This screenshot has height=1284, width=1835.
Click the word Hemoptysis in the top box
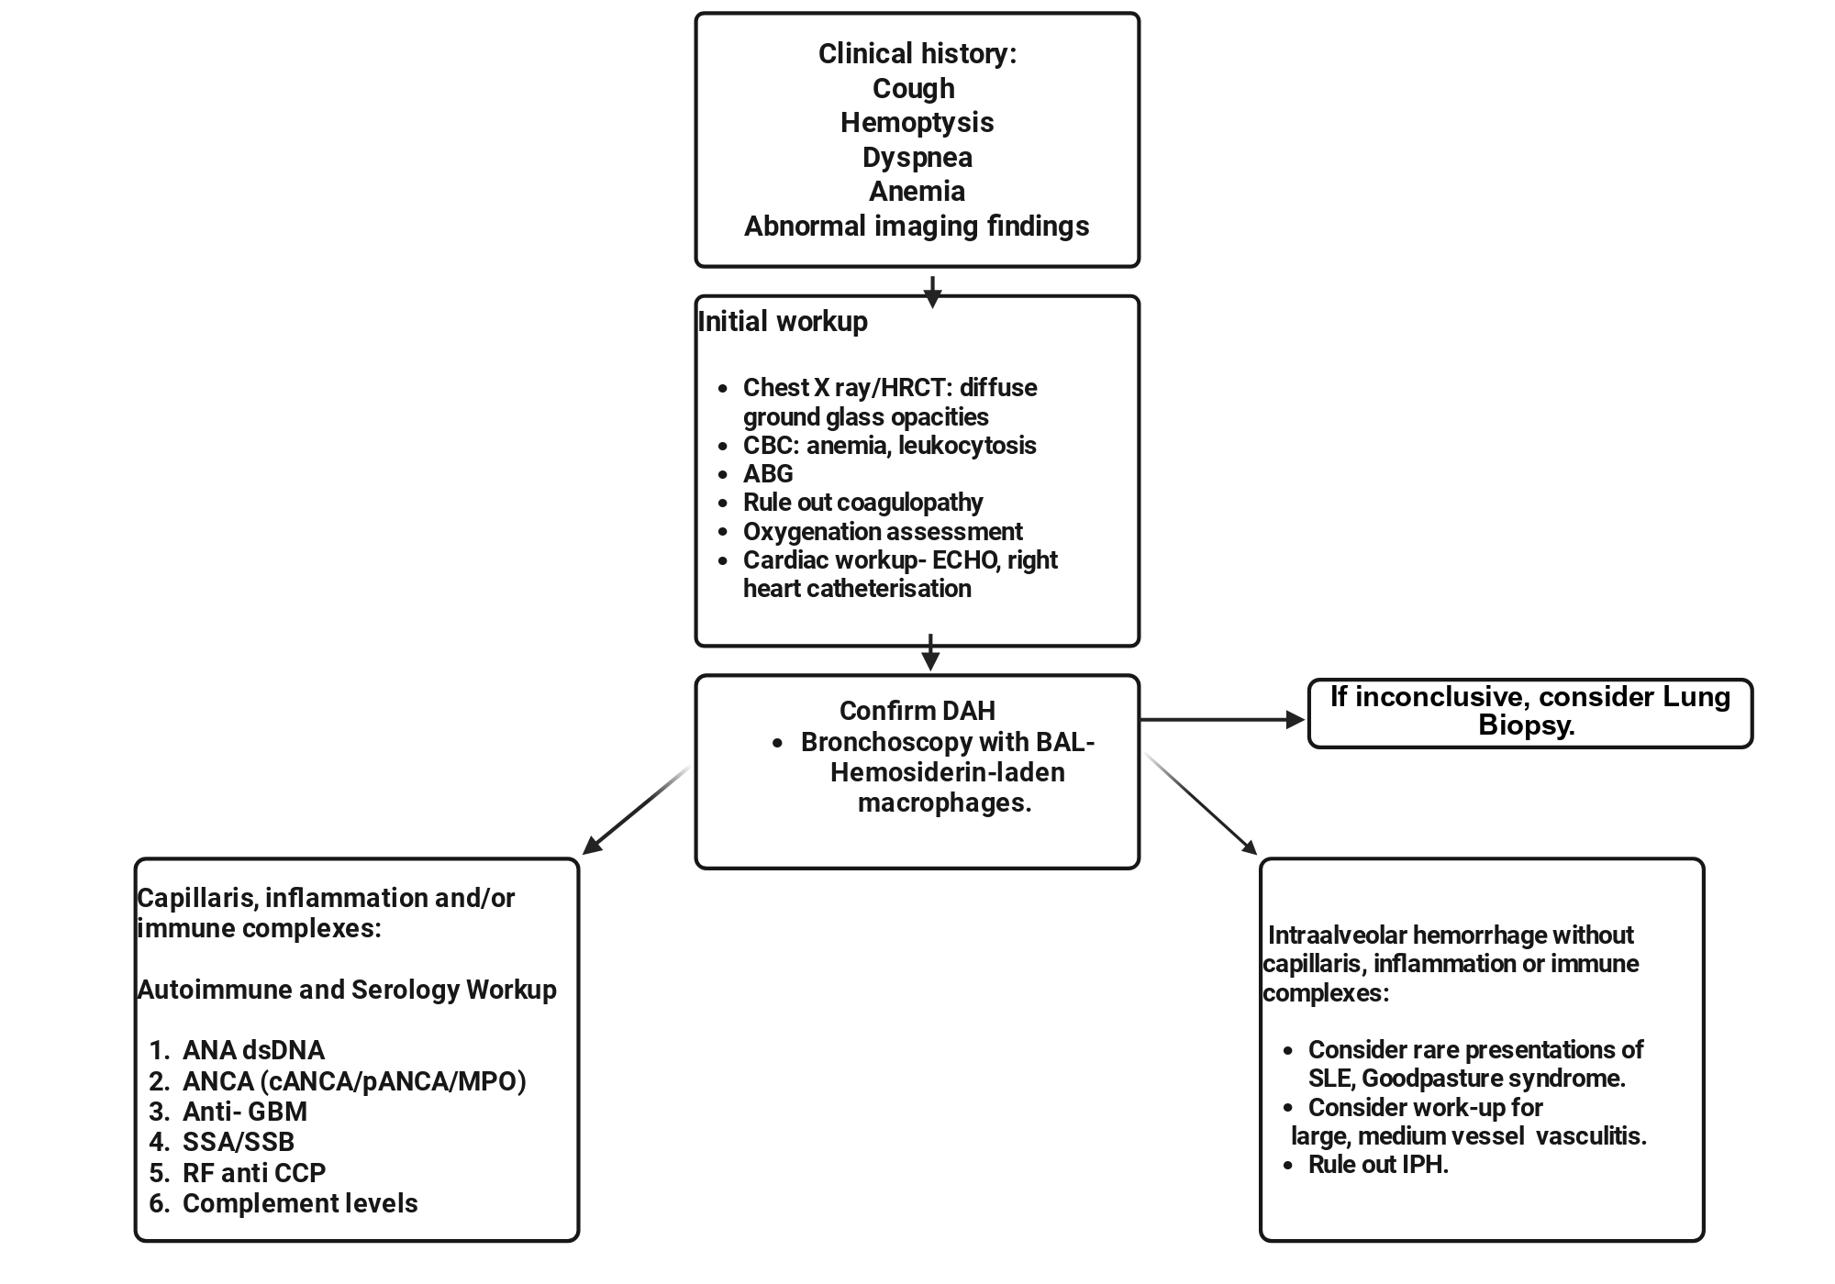coord(917,123)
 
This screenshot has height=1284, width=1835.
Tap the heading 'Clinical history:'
coord(917,54)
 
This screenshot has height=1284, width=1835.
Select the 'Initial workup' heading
coord(783,322)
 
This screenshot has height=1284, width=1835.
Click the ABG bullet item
coord(768,474)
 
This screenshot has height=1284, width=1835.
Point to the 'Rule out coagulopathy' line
coord(862,503)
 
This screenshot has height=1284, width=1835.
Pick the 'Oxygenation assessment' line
coord(883,532)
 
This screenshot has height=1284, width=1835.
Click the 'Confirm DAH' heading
coord(917,711)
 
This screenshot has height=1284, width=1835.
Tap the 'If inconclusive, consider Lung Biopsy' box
coord(1530,714)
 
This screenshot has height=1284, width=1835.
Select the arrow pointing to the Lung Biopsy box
coord(1222,720)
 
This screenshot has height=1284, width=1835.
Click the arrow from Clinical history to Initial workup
coord(932,292)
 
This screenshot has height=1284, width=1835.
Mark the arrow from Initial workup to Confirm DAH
coord(931,652)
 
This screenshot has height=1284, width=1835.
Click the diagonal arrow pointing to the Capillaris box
coord(637,810)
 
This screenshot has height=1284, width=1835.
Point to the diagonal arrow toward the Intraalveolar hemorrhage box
coord(1200,803)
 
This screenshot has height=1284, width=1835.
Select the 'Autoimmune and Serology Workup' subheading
coord(347,990)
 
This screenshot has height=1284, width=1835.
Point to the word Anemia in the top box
coord(917,192)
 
